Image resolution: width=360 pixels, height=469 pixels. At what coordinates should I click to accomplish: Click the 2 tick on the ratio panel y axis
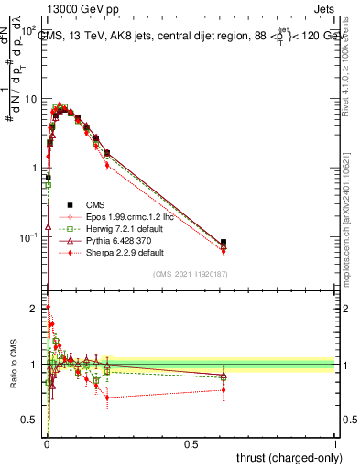pos(36,308)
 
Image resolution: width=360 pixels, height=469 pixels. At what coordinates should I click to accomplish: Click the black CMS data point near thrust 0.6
pos(224,243)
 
